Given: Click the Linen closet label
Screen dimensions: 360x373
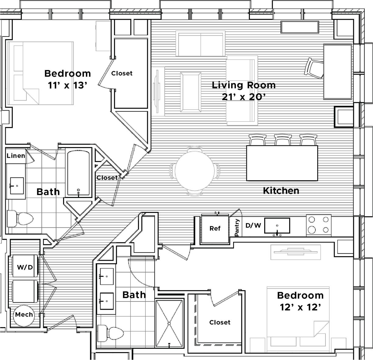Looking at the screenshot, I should [16, 156].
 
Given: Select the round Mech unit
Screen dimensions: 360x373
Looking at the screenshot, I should [24, 315].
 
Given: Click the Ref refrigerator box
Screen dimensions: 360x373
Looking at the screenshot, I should [215, 228].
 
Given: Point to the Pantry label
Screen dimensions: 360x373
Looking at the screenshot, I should [237, 228].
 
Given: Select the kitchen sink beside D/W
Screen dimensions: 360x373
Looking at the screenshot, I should [277, 226].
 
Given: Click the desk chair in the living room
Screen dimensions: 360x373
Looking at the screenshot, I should [314, 68].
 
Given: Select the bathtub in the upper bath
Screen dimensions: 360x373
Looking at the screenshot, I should [78, 173].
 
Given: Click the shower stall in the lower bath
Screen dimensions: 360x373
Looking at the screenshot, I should [169, 323].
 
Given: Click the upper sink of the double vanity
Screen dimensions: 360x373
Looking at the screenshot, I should [105, 276].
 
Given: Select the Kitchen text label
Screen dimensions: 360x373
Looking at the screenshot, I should [281, 191].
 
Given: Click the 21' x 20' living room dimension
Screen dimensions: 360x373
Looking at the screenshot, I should [243, 97].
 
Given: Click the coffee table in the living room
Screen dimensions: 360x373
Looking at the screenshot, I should [191, 92].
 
